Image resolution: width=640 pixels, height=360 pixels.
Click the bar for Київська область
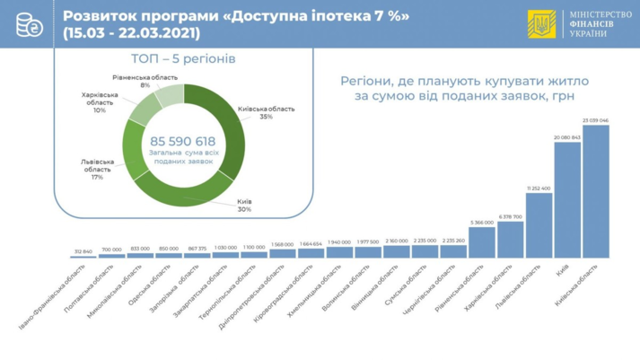[596, 191]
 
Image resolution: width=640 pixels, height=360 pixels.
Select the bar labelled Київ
[567, 199]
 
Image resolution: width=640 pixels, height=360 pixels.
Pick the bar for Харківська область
[510, 240]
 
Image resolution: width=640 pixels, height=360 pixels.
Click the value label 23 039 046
[596, 120]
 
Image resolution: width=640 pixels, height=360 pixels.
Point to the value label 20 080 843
[567, 137]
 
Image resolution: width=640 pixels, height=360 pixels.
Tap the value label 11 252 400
[539, 189]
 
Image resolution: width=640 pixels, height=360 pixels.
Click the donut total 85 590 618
[183, 142]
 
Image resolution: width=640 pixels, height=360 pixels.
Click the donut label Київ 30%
[243, 206]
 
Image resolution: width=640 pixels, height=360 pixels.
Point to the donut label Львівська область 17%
[98, 169]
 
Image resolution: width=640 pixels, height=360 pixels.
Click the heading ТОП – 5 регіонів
[184, 59]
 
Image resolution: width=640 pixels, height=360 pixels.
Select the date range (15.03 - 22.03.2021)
[132, 33]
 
